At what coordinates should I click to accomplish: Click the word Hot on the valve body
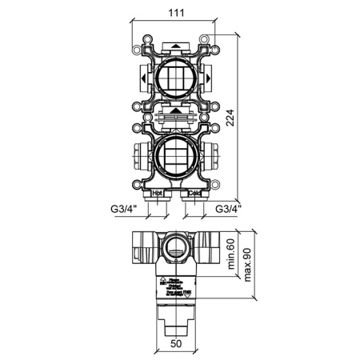(x=158, y=193)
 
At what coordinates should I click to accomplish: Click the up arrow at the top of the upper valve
(x=175, y=46)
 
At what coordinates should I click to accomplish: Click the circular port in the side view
(x=174, y=249)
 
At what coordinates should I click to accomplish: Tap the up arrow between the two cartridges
(x=175, y=110)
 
